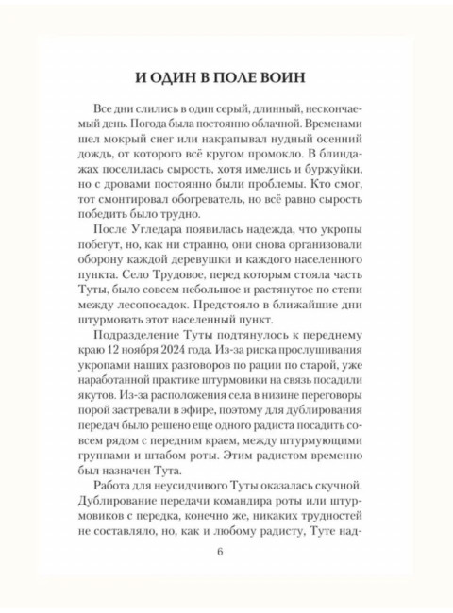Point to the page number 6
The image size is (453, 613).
click(x=226, y=576)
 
